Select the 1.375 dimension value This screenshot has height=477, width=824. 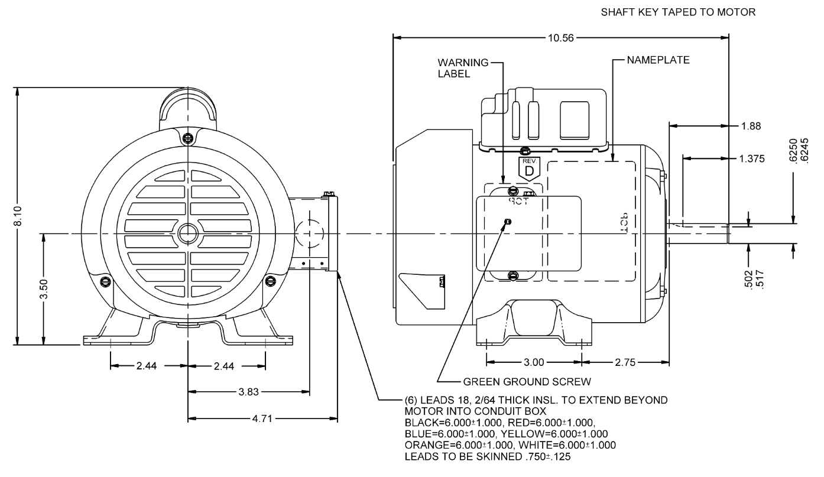click(x=752, y=158)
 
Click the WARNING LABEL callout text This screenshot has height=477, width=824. click(x=455, y=68)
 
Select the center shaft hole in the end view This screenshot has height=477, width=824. click(x=188, y=232)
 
